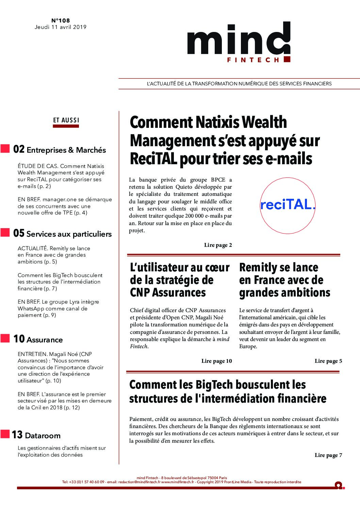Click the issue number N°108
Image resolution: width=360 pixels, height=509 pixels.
point(60,21)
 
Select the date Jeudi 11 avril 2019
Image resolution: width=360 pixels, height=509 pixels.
point(60,27)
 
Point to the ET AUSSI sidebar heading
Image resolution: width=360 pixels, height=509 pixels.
point(66,120)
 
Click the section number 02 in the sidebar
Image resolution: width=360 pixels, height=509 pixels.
point(18,150)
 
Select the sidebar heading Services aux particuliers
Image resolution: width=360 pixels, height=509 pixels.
point(69,234)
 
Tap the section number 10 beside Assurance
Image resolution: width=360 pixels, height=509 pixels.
point(19,339)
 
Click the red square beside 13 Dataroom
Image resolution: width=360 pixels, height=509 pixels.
point(5,434)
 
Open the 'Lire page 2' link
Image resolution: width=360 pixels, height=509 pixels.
point(218,245)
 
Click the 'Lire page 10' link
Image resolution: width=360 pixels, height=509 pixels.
point(216,361)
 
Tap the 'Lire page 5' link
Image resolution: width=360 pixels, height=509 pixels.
point(328,361)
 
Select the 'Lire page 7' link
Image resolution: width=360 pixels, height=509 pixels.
point(328,455)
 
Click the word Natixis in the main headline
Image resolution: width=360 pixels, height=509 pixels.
point(216,122)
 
